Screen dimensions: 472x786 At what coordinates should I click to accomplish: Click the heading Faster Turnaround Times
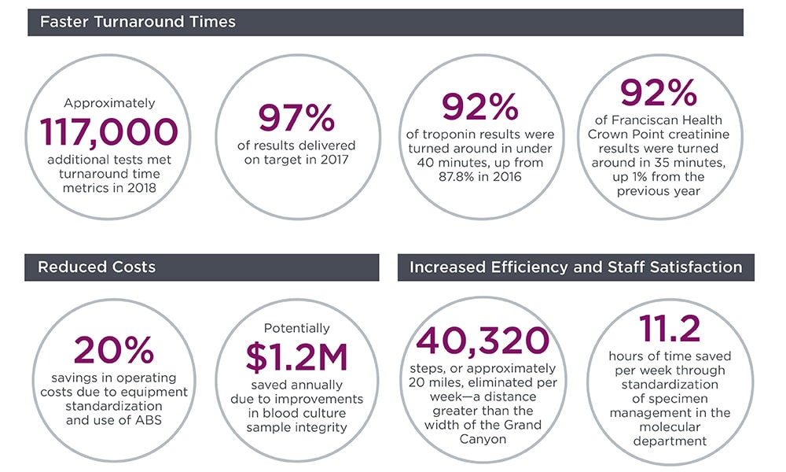[137, 22]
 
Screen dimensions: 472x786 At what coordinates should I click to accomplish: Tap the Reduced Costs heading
[97, 267]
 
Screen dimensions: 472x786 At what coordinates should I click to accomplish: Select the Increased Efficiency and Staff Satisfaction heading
[575, 267]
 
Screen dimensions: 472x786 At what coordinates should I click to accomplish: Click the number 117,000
[109, 132]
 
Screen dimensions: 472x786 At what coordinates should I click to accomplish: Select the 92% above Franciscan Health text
[659, 93]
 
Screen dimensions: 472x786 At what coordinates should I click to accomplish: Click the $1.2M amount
[296, 356]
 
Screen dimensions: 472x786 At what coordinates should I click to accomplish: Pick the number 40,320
[483, 340]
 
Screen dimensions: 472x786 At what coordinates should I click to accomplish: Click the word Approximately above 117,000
[109, 102]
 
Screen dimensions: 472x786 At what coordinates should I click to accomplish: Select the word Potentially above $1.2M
[296, 328]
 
